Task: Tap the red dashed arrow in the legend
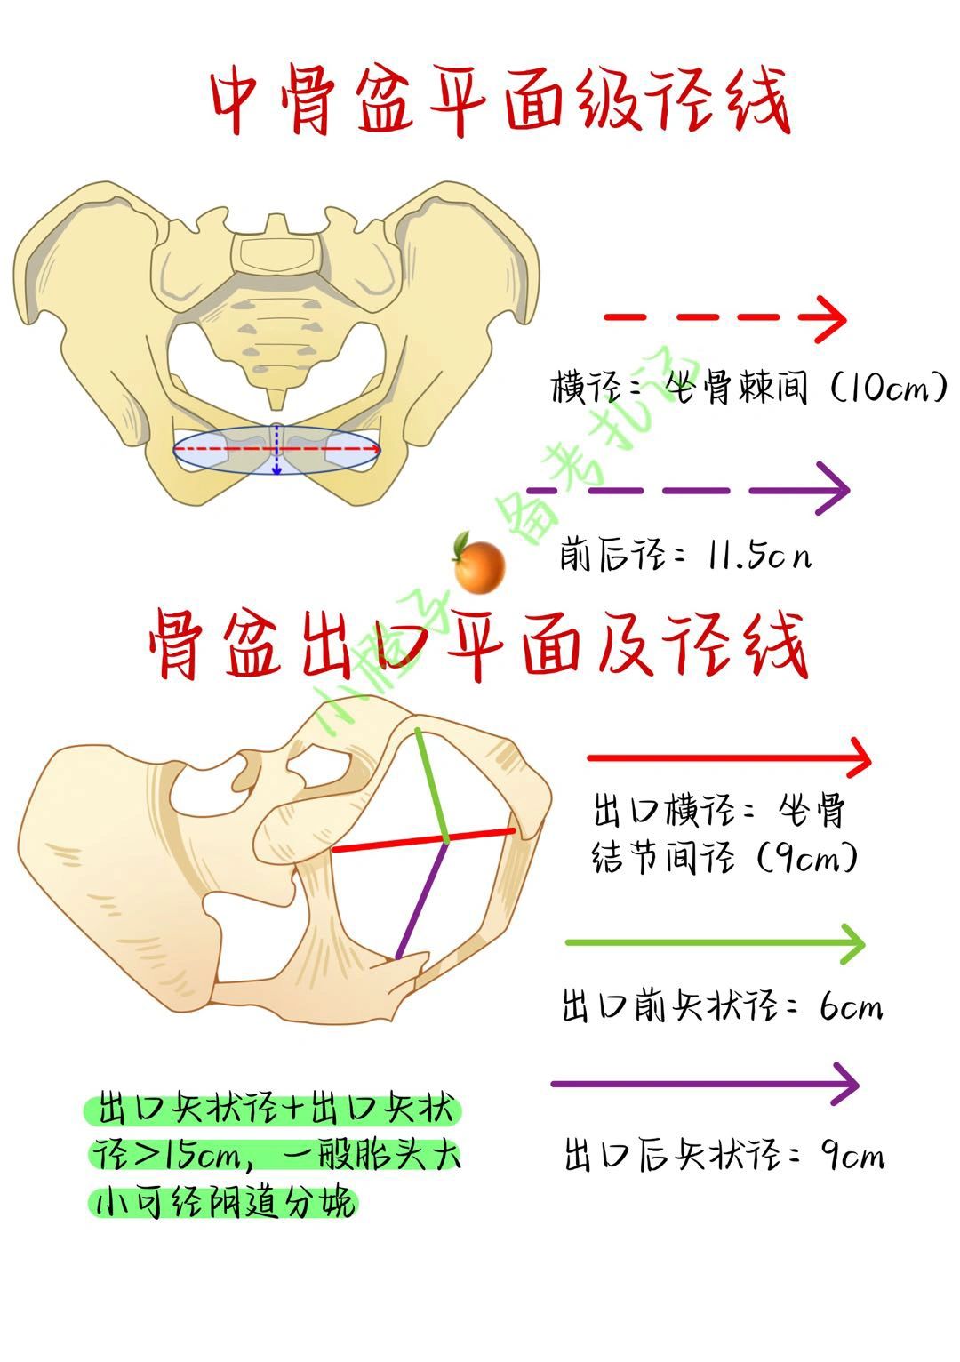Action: click(x=724, y=316)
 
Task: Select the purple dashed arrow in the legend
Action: click(x=688, y=490)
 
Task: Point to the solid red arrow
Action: click(x=729, y=758)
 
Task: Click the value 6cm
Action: click(x=851, y=1007)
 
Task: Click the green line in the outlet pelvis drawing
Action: click(x=433, y=783)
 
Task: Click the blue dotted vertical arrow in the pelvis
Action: click(x=276, y=450)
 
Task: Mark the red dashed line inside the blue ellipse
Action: click(x=222, y=451)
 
